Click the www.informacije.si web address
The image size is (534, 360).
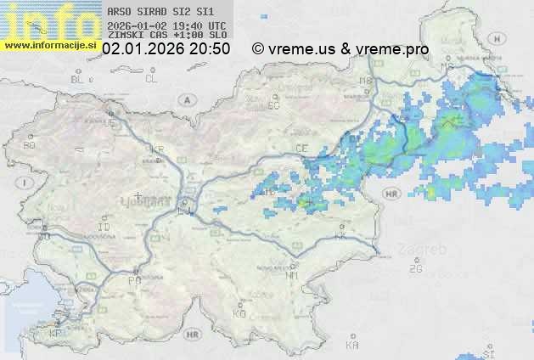tap(51, 45)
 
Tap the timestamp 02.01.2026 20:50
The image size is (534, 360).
tap(166, 49)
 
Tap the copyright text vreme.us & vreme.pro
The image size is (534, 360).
tap(340, 49)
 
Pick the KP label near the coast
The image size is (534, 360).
tap(56, 334)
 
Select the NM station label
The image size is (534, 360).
tap(292, 275)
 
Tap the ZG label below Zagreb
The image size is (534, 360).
tap(415, 268)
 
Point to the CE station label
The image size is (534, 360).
tap(301, 148)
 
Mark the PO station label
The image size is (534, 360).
tap(134, 279)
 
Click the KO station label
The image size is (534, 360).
tap(239, 313)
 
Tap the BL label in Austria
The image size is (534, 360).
tap(78, 79)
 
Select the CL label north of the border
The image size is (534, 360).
tap(151, 79)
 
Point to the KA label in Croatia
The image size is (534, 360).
tap(352, 346)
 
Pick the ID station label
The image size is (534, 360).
tap(104, 228)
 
